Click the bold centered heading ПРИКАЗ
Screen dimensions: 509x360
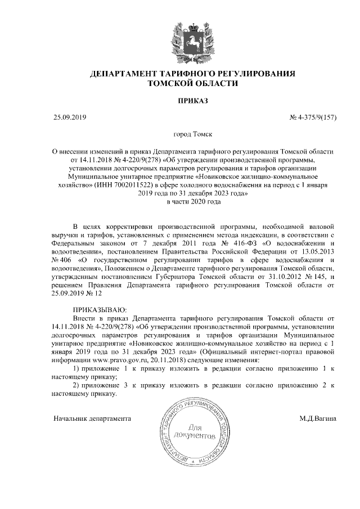(192, 101)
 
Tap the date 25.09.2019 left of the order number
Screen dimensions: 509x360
(69, 118)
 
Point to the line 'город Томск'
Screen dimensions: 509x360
(192, 135)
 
